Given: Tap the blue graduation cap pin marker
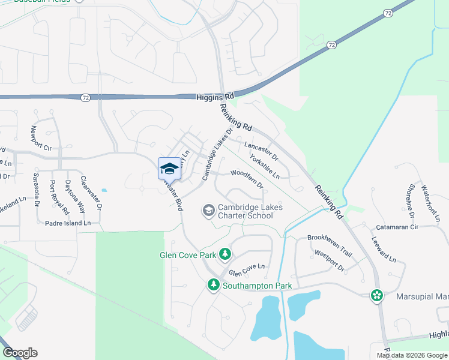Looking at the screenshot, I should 169,169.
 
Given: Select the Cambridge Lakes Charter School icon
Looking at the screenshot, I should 209,210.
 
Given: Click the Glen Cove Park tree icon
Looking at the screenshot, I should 225,254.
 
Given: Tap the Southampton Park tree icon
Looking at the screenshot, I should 213,285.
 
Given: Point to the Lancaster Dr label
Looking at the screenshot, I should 261,150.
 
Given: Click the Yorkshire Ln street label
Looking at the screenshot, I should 265,167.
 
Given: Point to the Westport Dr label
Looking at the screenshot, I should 329,260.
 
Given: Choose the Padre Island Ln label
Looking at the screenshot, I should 68,223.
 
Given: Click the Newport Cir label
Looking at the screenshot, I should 41,139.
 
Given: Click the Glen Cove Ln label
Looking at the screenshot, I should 246,269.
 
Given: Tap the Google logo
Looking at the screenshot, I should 19,353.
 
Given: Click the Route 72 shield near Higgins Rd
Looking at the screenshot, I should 87,97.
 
